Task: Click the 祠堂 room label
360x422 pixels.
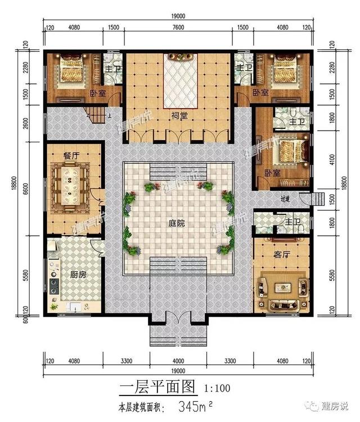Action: pos(179,116)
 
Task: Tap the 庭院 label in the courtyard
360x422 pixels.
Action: pos(179,223)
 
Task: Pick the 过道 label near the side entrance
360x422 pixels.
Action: pos(285,199)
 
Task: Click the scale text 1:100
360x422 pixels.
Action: pos(216,388)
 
